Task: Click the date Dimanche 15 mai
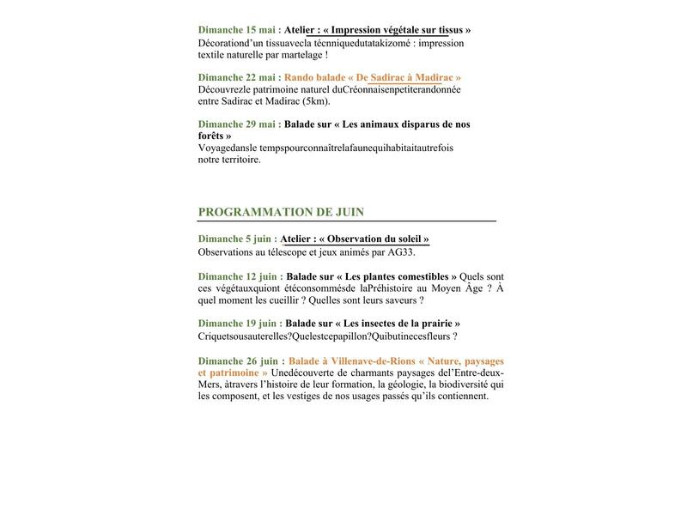(x=236, y=30)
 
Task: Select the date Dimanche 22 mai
(x=236, y=77)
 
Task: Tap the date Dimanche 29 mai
(x=236, y=124)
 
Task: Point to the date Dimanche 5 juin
(x=234, y=239)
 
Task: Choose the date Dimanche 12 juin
(x=238, y=276)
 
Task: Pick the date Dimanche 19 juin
(x=238, y=324)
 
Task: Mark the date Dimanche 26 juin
(x=238, y=361)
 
